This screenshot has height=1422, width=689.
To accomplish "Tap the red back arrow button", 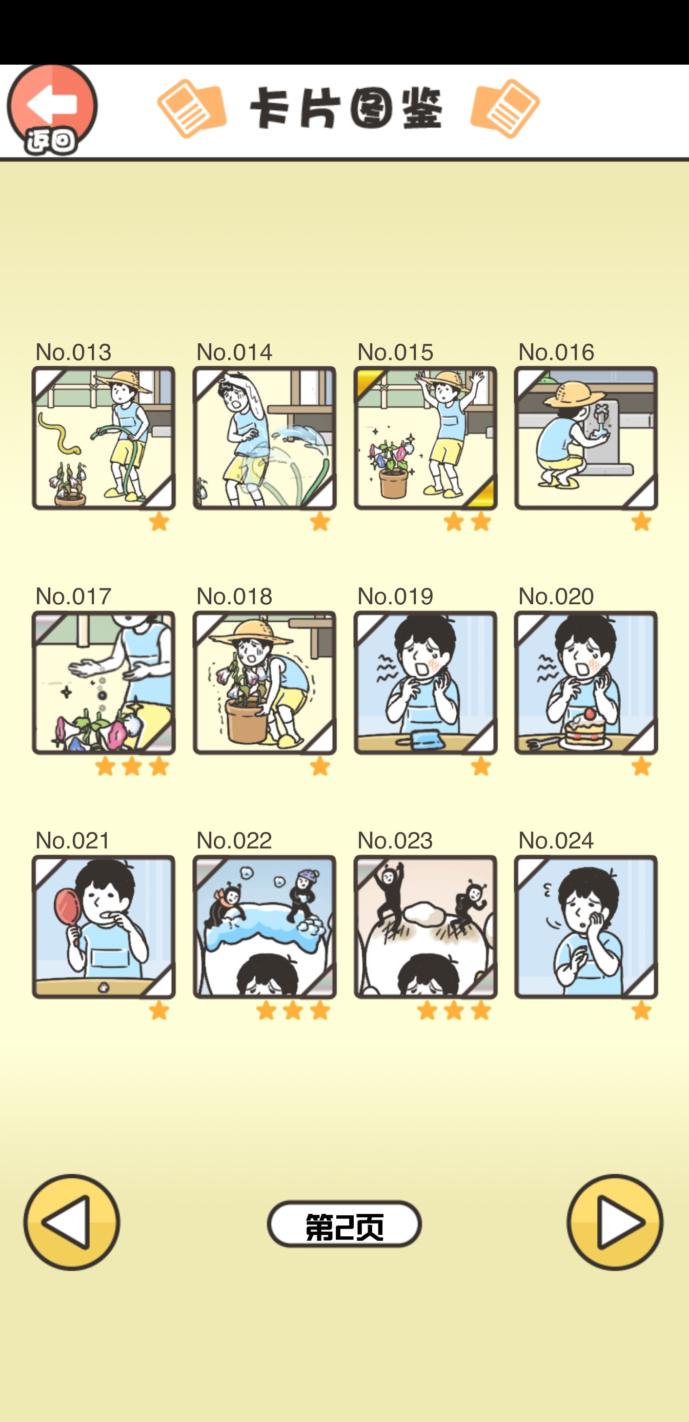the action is click(52, 109).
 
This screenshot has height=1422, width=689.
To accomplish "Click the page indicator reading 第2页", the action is click(344, 1224).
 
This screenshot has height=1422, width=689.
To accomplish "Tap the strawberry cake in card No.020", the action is click(589, 727).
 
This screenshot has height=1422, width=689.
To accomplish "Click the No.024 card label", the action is click(556, 840).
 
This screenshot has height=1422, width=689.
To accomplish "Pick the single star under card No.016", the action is click(641, 521).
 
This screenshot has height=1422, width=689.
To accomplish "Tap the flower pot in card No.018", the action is click(246, 720).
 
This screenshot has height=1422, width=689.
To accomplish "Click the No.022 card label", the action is click(234, 840).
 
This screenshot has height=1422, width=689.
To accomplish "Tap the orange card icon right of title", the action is click(505, 108).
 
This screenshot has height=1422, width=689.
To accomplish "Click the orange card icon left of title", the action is click(191, 108).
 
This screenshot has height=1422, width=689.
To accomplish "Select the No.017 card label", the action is click(73, 596).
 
